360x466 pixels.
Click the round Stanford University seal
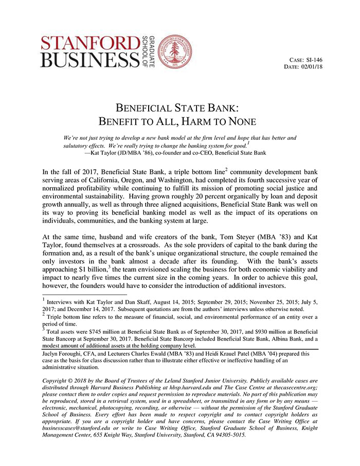175,52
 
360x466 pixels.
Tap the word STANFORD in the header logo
89,44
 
